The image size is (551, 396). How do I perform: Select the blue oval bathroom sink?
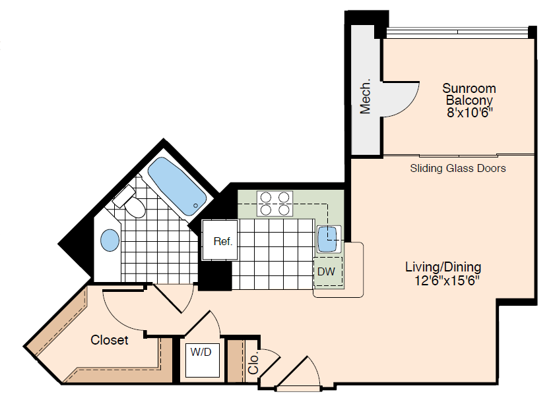point(110,240)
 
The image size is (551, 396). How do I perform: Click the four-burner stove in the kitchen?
point(275,203)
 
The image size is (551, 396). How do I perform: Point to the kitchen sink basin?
point(328,239)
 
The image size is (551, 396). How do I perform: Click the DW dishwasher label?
point(326,271)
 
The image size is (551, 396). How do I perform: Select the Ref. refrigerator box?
point(222,241)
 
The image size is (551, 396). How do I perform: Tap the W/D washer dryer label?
point(201,352)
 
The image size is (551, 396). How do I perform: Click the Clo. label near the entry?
point(254,362)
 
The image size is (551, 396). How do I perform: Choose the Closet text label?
point(110,340)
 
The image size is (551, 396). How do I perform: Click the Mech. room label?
point(366,98)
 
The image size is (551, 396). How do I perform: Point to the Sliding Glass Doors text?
point(458,169)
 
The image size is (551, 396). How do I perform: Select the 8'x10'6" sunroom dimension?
point(469,113)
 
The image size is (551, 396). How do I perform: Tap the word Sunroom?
point(469,88)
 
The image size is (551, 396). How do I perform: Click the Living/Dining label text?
point(443,267)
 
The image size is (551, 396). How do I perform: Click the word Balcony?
point(469,101)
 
